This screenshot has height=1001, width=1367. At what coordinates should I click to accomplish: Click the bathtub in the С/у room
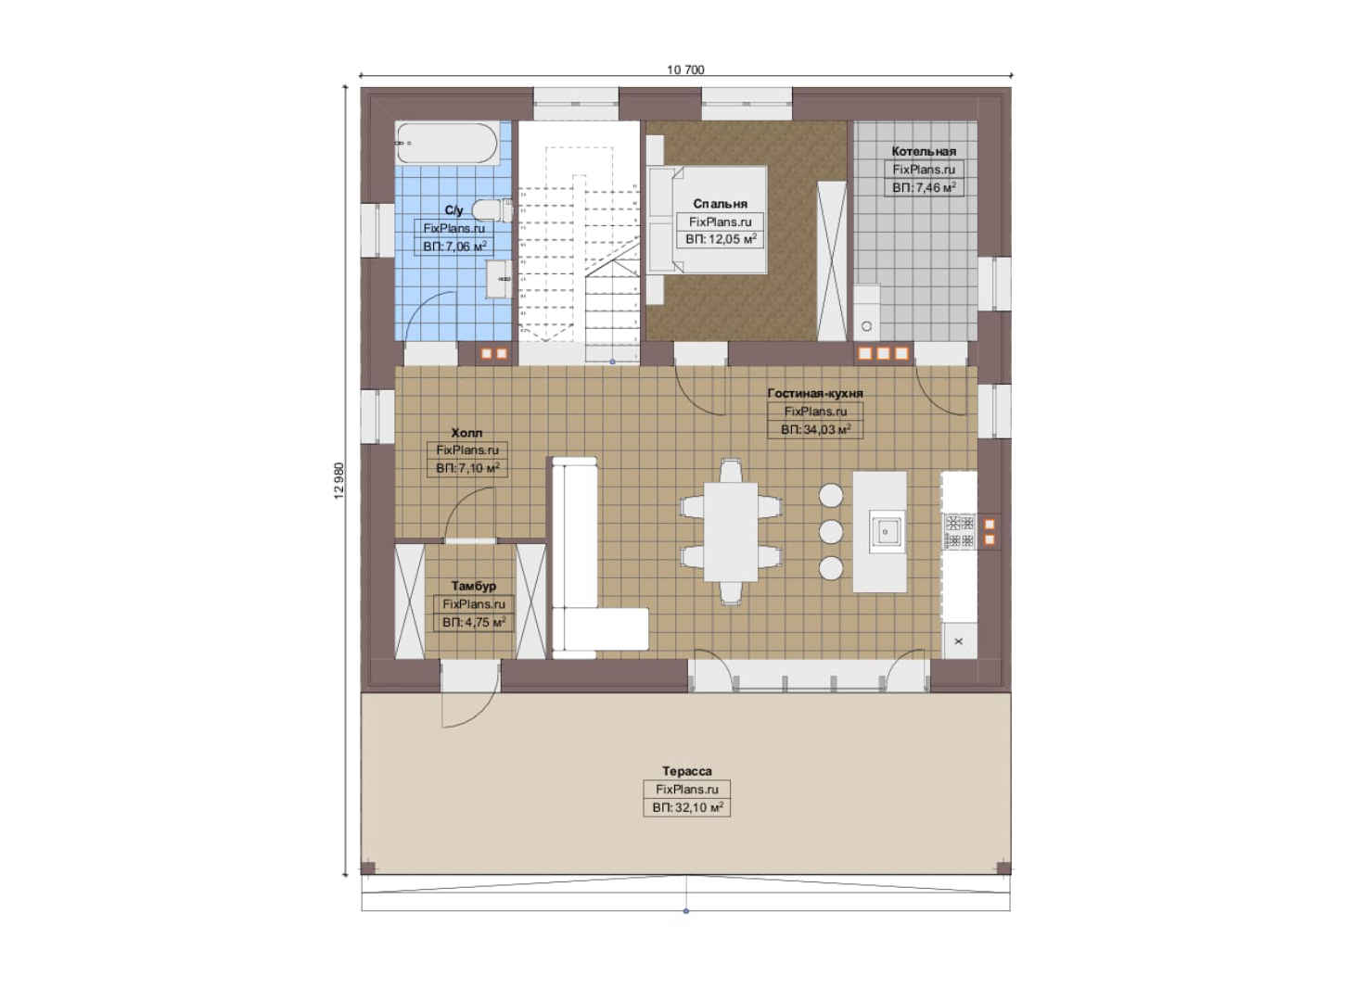tap(448, 143)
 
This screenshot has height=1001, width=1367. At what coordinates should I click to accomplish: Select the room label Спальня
tap(720, 204)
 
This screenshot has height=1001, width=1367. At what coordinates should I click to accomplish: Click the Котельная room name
tap(924, 151)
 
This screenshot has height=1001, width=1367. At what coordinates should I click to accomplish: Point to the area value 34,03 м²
tap(815, 429)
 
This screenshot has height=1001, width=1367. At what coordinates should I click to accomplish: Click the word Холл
tap(466, 433)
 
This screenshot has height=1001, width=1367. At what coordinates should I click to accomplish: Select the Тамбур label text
tap(474, 586)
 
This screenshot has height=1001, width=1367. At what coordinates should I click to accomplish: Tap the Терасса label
tap(686, 771)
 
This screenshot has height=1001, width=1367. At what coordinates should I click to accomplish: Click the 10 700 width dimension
tap(685, 70)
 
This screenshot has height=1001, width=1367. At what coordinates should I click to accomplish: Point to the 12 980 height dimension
tap(339, 480)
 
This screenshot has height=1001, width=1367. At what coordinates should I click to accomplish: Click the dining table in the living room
tap(731, 532)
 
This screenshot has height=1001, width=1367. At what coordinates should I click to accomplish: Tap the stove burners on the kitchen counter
tap(959, 531)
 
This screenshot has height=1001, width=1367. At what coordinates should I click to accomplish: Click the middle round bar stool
tap(831, 532)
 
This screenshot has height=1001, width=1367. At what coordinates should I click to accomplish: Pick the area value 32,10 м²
tap(687, 807)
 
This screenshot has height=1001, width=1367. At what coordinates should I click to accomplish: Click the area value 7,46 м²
tap(924, 187)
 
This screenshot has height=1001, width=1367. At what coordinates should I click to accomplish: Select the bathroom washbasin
tap(499, 279)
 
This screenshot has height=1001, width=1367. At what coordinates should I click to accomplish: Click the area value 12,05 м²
tap(721, 239)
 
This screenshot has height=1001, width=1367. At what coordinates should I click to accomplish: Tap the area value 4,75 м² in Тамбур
tap(474, 622)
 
